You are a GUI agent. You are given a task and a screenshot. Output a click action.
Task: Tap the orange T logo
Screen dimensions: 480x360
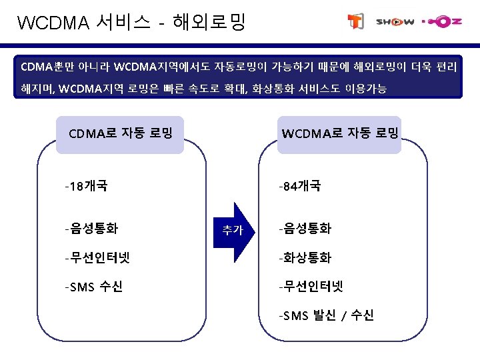point(355,22)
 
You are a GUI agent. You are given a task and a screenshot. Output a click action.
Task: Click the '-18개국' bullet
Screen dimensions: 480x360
point(86,185)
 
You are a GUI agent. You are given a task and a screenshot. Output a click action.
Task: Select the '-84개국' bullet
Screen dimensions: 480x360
point(300,185)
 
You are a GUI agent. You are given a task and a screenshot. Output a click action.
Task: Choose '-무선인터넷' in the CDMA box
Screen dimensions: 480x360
point(97,258)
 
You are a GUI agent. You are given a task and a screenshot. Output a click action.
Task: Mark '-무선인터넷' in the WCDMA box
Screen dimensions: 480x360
point(311,287)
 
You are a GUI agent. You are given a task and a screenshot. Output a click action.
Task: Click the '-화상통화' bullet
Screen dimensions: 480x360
point(305,258)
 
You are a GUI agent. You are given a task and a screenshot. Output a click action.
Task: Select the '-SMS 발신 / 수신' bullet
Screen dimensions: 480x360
point(327,315)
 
